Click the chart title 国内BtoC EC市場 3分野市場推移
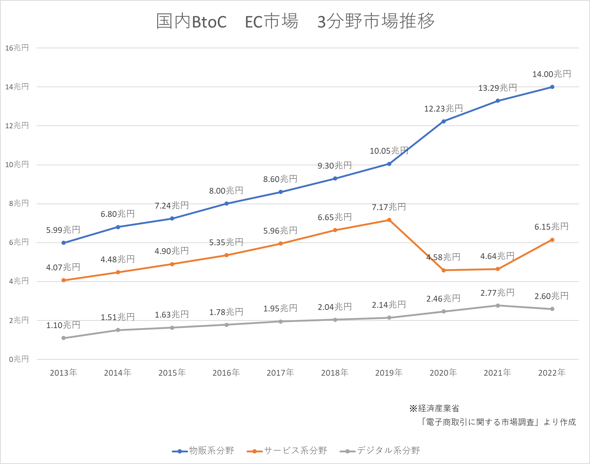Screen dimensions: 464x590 pyautogui.click(x=295, y=21)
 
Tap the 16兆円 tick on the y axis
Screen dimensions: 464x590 pyautogui.click(x=17, y=48)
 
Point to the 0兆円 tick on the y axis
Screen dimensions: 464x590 pyautogui.click(x=19, y=359)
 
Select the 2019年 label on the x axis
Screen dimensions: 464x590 pyautogui.click(x=389, y=373)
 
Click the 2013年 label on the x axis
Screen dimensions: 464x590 pyautogui.click(x=64, y=373)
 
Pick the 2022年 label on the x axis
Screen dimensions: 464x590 pyautogui.click(x=552, y=373)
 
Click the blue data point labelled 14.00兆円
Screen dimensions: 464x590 pyautogui.click(x=552, y=87)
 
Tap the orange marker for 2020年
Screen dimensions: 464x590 pyautogui.click(x=444, y=270)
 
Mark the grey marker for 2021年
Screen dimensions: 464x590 pyautogui.click(x=498, y=306)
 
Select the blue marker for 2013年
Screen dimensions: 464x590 pyautogui.click(x=64, y=243)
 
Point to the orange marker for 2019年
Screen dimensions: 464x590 pyautogui.click(x=389, y=220)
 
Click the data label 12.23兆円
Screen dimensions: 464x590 pyautogui.click(x=443, y=109)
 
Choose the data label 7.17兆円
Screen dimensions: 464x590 pyautogui.click(x=389, y=207)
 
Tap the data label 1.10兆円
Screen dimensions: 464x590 pyautogui.click(x=63, y=325)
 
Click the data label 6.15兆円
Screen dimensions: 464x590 pyautogui.click(x=552, y=227)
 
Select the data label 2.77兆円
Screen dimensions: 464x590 pyautogui.click(x=497, y=293)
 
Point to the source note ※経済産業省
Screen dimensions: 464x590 pyautogui.click(x=434, y=408)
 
